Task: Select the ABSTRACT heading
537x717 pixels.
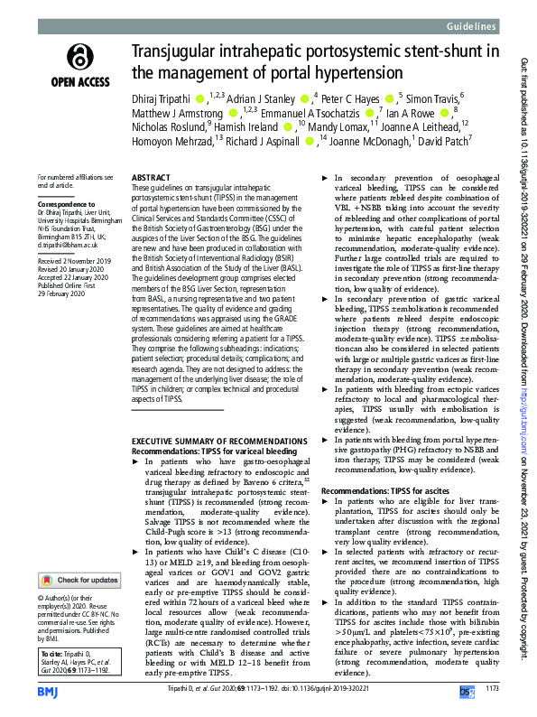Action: tap(150, 180)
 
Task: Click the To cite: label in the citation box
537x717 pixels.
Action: tap(53, 652)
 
